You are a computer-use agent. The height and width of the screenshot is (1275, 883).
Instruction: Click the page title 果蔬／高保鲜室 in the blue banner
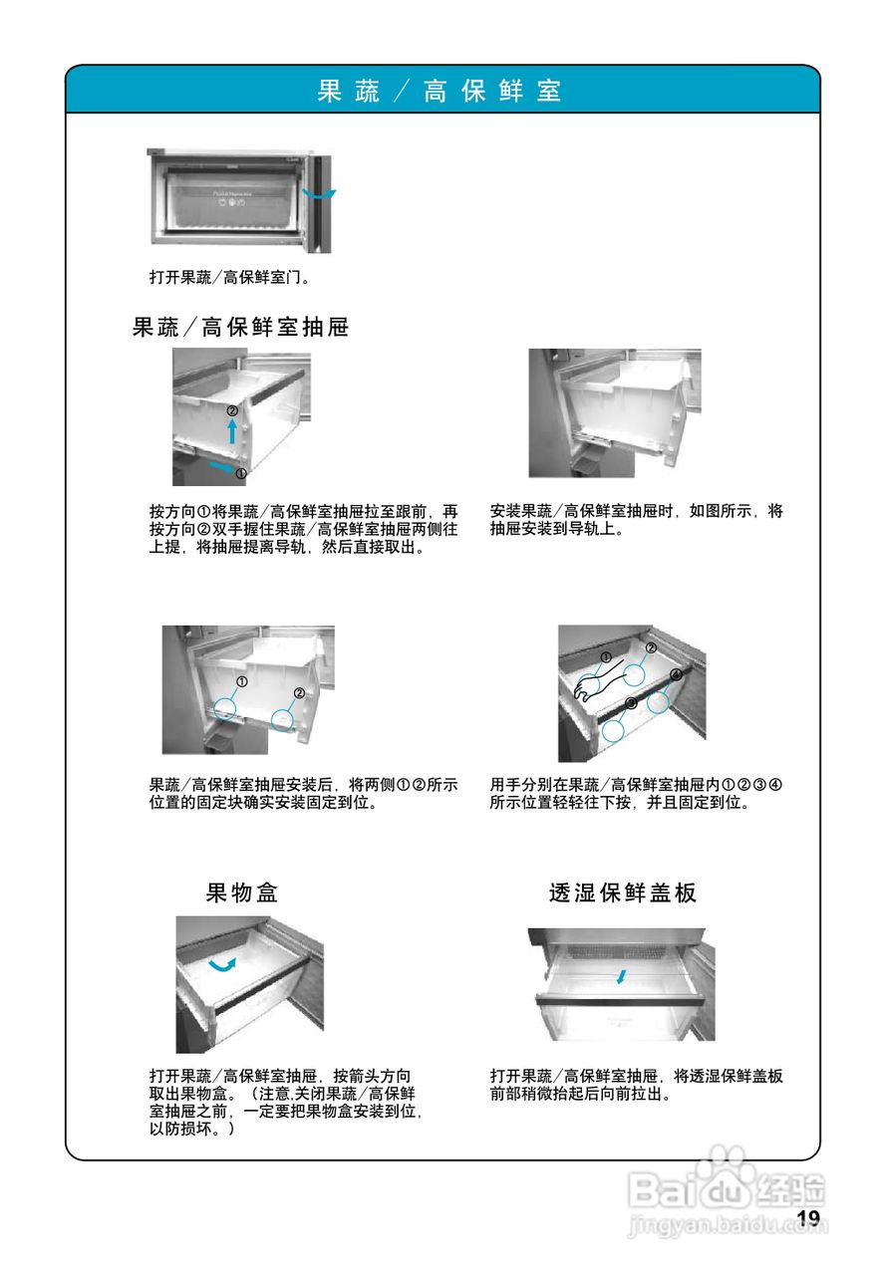(x=440, y=92)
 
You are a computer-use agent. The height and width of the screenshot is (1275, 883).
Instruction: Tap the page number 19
(x=807, y=1218)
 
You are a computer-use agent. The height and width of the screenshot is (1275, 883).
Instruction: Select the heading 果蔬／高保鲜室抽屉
(x=241, y=327)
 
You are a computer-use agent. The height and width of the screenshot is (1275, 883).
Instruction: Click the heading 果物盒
(x=242, y=892)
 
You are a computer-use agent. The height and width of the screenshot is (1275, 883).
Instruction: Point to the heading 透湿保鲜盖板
(x=622, y=892)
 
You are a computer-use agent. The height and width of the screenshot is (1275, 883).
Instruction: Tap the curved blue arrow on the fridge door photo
(x=321, y=194)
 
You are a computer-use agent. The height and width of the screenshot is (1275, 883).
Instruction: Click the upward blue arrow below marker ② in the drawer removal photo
(x=232, y=430)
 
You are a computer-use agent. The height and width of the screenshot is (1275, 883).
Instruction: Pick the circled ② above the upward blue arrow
(x=232, y=409)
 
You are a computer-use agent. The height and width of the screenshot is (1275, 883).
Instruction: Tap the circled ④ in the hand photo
(x=677, y=674)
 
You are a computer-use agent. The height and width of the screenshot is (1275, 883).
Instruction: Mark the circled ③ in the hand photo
(x=631, y=702)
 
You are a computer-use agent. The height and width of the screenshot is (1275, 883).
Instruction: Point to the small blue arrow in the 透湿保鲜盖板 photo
(x=622, y=976)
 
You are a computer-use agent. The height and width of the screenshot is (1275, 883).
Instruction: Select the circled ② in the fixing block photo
(x=299, y=692)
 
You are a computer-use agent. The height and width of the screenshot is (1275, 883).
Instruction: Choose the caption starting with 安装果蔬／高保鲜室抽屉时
(x=637, y=520)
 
